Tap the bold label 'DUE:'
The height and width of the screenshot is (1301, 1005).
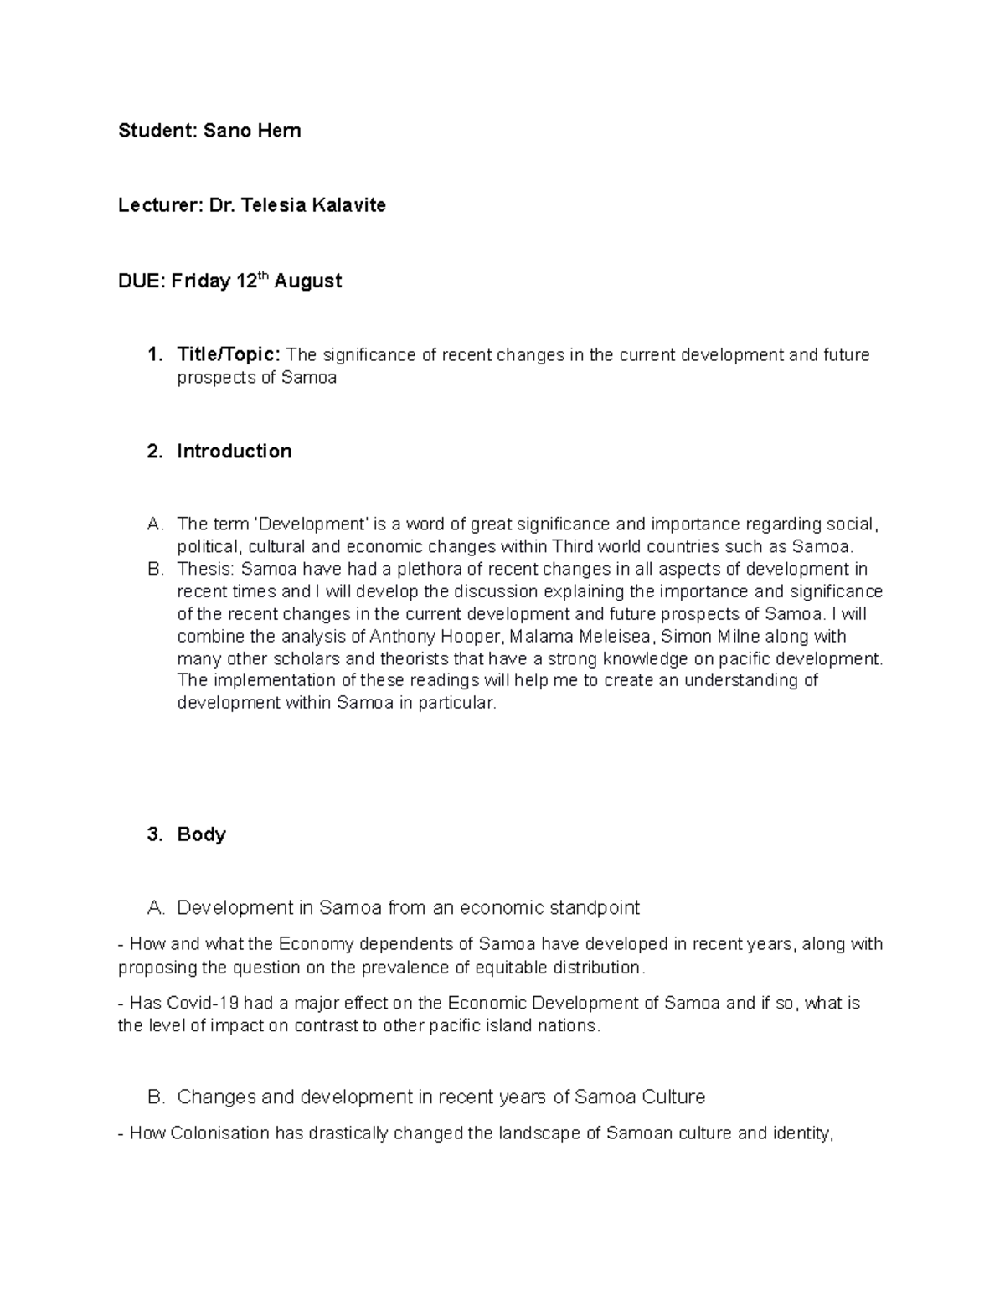tap(142, 281)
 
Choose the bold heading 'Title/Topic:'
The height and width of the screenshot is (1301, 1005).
tap(229, 355)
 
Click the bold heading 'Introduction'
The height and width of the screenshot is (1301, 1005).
tap(234, 452)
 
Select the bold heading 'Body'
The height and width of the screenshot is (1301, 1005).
tap(201, 834)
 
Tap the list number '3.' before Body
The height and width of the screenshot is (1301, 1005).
tap(153, 834)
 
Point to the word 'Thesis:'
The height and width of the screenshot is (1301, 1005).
tap(205, 570)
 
